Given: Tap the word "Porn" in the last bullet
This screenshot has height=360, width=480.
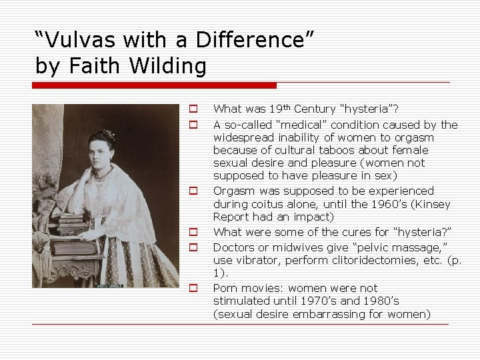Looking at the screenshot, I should (225, 288).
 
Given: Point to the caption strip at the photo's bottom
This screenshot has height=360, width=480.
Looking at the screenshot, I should (105, 285).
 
